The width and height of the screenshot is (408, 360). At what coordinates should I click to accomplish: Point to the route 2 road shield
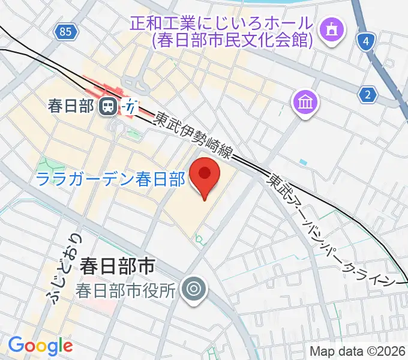[368, 94]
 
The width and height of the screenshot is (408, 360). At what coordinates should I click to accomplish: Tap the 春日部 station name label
[71, 107]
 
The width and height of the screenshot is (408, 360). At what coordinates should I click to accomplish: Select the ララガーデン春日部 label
[110, 179]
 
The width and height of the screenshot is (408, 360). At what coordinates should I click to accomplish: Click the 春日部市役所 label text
[125, 290]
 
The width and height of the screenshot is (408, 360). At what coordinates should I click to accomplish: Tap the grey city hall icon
[194, 290]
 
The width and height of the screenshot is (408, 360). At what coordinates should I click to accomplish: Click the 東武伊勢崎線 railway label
[193, 135]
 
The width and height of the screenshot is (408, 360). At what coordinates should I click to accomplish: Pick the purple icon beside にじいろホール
[331, 28]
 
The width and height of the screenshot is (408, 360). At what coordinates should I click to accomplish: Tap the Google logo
[40, 345]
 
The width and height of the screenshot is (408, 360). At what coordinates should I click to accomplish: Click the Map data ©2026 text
[358, 351]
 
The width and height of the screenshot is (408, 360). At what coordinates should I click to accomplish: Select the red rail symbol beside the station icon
[130, 106]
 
